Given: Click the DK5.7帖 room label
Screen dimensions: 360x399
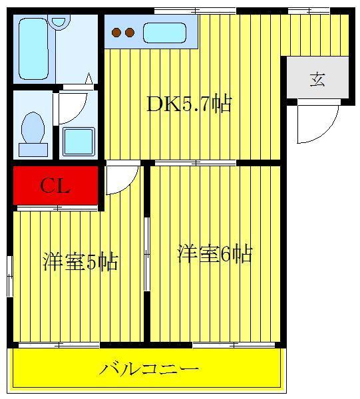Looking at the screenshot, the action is pyautogui.click(x=189, y=104).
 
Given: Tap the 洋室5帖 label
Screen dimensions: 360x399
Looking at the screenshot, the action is pyautogui.click(x=81, y=261).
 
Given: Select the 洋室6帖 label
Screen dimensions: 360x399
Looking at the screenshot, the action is pyautogui.click(x=215, y=253).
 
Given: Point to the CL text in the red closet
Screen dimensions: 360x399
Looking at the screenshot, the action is pyautogui.click(x=55, y=186).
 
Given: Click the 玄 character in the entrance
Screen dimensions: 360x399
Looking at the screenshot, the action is pyautogui.click(x=317, y=79).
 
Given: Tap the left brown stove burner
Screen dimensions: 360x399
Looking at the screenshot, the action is pyautogui.click(x=116, y=33).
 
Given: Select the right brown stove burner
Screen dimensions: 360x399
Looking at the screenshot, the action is pyautogui.click(x=130, y=33).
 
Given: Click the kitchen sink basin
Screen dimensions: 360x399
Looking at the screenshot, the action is pyautogui.click(x=165, y=33).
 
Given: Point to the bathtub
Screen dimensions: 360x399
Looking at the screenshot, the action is pyautogui.click(x=34, y=49).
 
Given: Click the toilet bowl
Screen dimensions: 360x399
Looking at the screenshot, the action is pyautogui.click(x=33, y=128).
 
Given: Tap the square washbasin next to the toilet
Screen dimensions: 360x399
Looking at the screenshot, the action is pyautogui.click(x=79, y=142).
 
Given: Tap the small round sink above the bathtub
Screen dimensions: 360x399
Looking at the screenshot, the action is pyautogui.click(x=59, y=21).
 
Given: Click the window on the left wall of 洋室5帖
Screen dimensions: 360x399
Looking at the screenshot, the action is pyautogui.click(x=10, y=277).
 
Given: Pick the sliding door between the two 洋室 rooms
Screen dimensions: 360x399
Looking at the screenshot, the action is pyautogui.click(x=147, y=254).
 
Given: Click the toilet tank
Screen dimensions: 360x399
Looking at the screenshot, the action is pyautogui.click(x=33, y=150).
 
